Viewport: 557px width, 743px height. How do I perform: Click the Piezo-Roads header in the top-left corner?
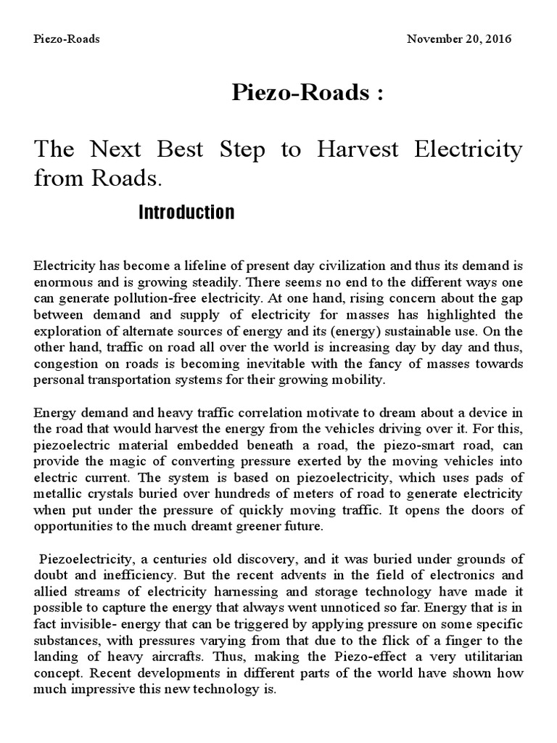point(67,38)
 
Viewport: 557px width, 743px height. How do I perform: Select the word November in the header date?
point(434,38)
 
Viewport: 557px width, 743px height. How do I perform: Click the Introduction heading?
point(186,212)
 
